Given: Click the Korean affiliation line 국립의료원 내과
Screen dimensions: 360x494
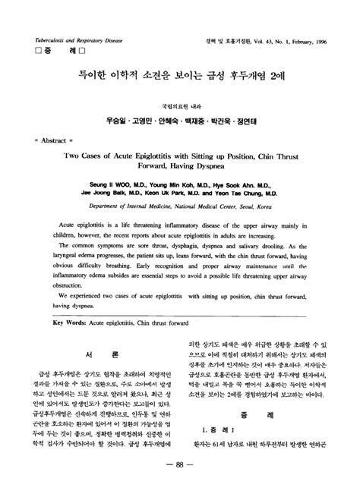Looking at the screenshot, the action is tap(180, 103).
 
